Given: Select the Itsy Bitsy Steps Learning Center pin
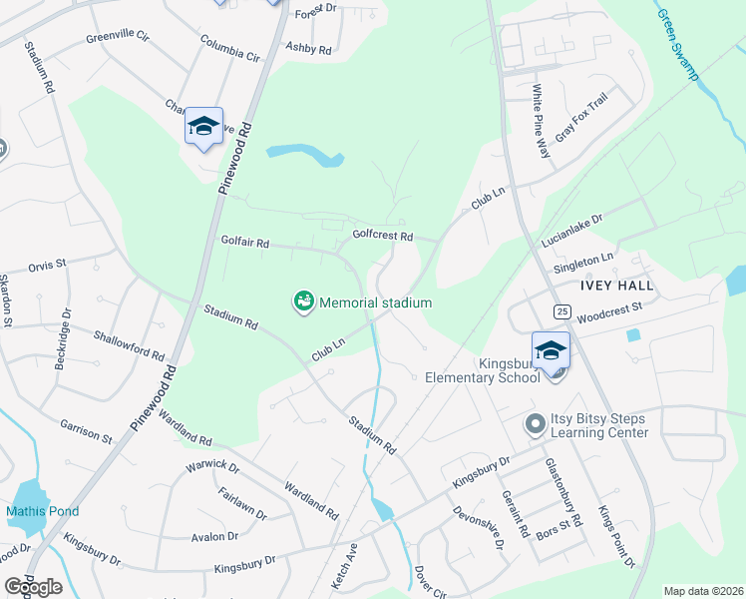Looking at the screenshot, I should (535, 425).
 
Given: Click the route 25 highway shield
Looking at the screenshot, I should (562, 312).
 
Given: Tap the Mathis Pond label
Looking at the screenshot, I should (43, 511).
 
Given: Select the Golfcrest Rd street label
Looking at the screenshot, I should (382, 236).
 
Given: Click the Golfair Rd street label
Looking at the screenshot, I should (244, 243).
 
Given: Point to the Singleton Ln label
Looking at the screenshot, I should (584, 263).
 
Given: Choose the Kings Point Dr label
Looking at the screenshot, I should (616, 537).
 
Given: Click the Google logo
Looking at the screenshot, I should (33, 587).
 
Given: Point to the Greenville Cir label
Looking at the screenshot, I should (117, 37).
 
